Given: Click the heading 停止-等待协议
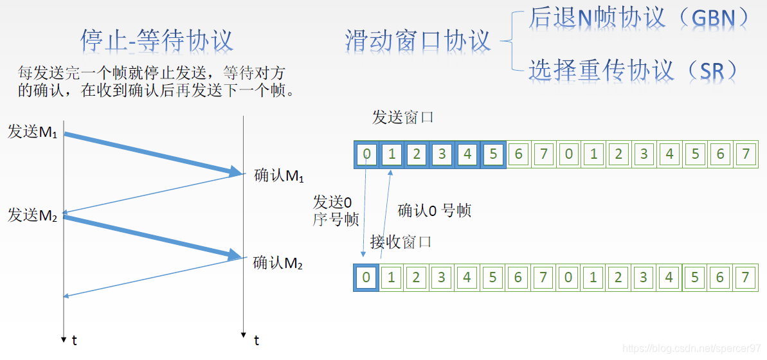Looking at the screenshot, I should (156, 40).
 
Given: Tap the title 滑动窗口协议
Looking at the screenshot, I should (418, 40).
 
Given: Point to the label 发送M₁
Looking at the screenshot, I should (33, 132).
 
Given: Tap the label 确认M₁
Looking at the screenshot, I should (278, 175).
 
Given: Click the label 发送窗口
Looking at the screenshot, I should (403, 118).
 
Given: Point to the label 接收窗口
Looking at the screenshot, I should (401, 242).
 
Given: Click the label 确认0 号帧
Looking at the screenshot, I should (435, 210).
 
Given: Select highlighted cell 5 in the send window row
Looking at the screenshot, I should (493, 154).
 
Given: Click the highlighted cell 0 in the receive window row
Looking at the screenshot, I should (366, 278).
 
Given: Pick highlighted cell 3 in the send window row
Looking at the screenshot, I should (442, 154).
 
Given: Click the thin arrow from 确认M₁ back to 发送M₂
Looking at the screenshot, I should (154, 193).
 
